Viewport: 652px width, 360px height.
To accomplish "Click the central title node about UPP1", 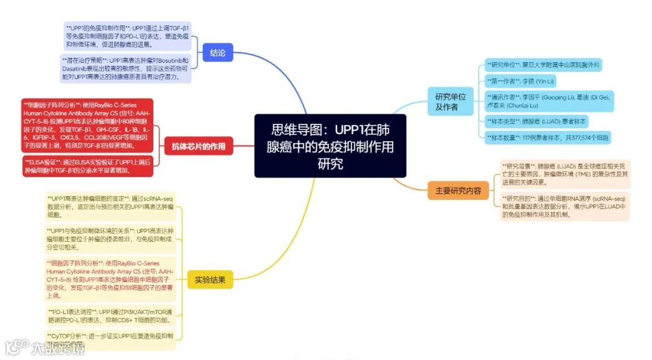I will click(330, 146).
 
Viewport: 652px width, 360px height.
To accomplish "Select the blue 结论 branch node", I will click(217, 53).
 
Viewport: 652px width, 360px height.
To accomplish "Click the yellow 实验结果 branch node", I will click(210, 280).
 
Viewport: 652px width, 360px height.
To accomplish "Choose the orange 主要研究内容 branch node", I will click(458, 190).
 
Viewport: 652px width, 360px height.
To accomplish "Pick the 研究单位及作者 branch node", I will click(450, 101).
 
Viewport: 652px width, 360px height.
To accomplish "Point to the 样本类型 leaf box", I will click(537, 121).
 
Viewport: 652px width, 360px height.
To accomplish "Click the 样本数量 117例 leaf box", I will click(548, 138).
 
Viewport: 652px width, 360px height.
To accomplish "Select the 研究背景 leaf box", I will click(564, 173).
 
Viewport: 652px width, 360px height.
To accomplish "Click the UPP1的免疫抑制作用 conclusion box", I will click(127, 36).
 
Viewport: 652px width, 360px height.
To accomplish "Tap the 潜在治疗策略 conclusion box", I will click(126, 69).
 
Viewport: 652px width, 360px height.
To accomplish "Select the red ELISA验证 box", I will click(88, 166).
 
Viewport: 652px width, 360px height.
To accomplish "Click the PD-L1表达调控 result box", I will click(110, 315).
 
